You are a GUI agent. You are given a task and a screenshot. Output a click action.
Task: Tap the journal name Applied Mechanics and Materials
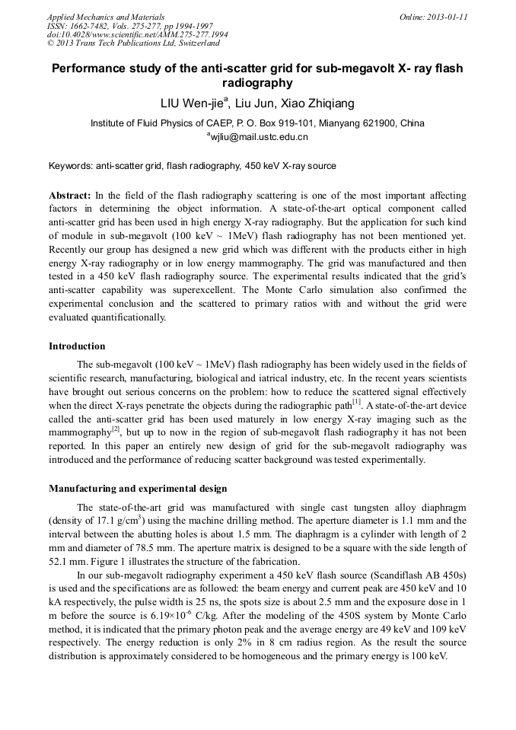point(106,16)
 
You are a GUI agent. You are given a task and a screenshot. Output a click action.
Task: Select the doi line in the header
point(137,34)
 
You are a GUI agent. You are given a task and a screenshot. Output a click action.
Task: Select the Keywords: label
point(70,165)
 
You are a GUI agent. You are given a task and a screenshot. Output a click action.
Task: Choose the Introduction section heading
point(77,346)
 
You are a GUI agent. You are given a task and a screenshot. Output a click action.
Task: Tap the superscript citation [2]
point(116,429)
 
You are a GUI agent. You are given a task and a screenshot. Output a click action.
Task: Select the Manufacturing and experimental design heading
point(138,488)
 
